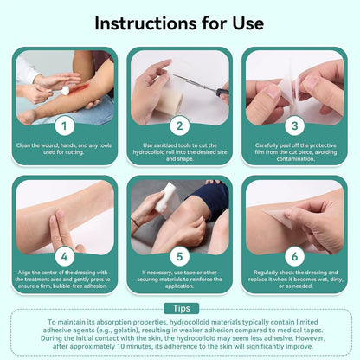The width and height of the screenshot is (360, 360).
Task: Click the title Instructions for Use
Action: pos(180,22)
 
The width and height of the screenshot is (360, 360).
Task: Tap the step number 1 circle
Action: pos(64,125)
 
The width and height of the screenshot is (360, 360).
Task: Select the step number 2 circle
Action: pos(179,125)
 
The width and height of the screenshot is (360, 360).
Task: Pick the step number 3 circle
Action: pos(294,125)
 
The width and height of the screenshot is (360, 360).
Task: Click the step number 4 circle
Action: pos(64,256)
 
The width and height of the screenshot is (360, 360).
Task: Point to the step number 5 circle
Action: pos(179,256)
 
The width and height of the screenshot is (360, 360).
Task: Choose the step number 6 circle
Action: pos(294,256)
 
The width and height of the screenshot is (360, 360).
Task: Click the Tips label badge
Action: pos(179,309)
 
